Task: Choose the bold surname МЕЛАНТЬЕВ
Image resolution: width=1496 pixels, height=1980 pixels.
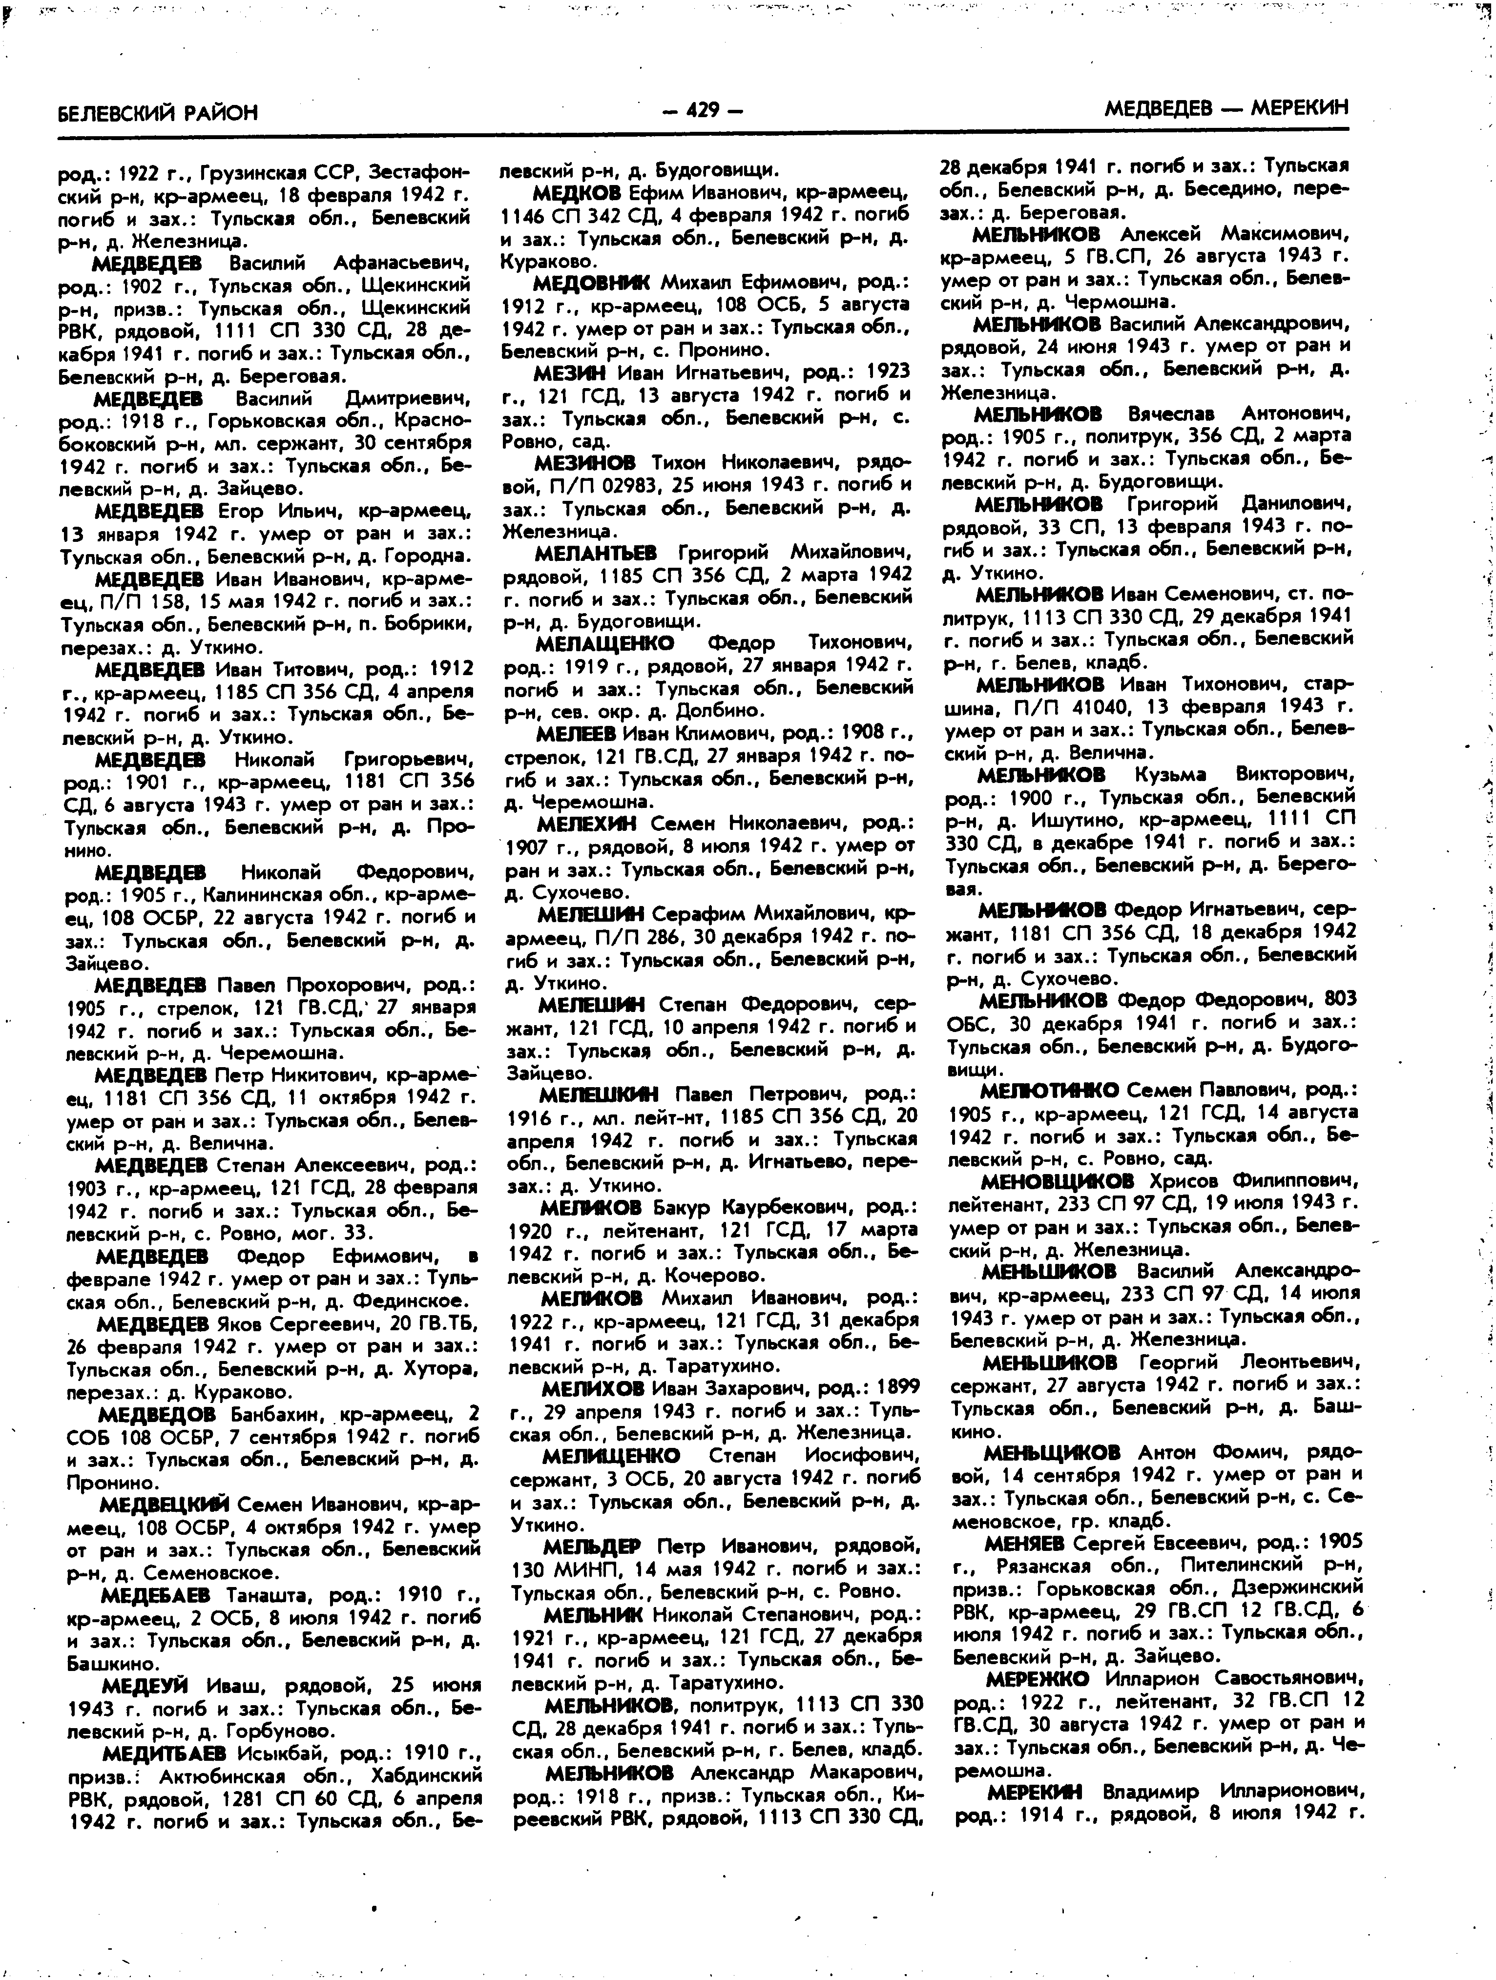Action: pos(595,552)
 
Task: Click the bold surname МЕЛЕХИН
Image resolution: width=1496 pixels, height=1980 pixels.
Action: pos(587,823)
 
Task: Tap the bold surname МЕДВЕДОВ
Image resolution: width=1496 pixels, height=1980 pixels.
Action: pos(157,1414)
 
